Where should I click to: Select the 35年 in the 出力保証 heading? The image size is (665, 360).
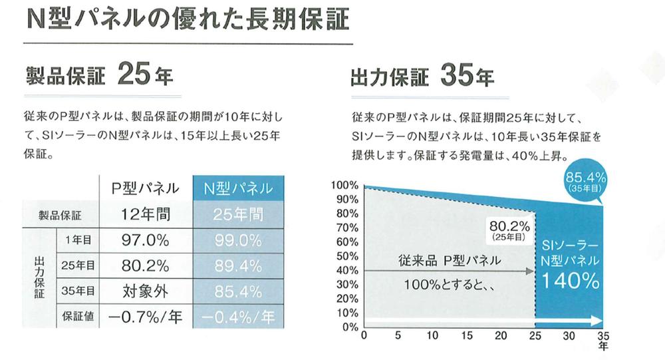tap(466, 77)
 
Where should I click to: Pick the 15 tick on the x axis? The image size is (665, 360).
tap(467, 335)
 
